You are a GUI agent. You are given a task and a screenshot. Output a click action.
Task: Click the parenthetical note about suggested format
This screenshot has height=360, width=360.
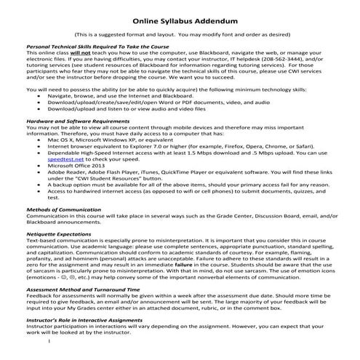tap(180, 33)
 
